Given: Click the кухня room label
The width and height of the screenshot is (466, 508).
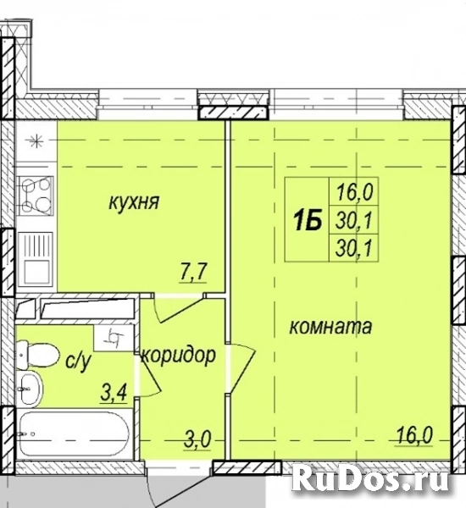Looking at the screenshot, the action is click(x=134, y=203).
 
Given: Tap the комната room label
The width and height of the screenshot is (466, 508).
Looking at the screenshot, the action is click(x=330, y=326).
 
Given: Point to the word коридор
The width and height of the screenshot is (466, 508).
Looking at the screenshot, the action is click(x=179, y=356).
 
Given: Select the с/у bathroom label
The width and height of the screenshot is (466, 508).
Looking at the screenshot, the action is click(x=78, y=362).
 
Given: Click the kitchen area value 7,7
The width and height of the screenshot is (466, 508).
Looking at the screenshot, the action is click(x=193, y=273).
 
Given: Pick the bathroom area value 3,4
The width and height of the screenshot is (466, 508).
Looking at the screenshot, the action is click(x=114, y=394).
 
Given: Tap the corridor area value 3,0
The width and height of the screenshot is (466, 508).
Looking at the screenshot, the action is click(x=197, y=440).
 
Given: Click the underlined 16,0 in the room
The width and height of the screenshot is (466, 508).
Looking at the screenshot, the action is click(x=415, y=435).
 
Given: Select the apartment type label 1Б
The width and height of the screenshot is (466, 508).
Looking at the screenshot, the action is click(x=308, y=220).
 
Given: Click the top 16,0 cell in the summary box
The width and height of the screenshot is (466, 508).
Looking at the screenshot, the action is click(x=354, y=192).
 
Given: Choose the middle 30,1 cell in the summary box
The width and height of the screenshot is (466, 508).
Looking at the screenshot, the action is click(x=353, y=221).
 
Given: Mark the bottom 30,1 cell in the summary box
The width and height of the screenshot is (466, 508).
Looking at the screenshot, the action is click(x=353, y=249).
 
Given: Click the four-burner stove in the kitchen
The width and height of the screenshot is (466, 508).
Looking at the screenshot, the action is click(x=36, y=196).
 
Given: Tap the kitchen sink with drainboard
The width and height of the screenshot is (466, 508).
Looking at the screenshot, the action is click(x=36, y=259).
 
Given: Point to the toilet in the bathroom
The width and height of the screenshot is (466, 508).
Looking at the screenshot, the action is click(x=38, y=355).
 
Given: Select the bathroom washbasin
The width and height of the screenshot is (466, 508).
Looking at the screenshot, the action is click(x=31, y=389).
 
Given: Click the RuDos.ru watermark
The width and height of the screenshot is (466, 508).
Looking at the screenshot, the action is click(x=370, y=478).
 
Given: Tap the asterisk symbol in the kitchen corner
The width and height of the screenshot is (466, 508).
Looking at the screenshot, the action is click(x=36, y=141).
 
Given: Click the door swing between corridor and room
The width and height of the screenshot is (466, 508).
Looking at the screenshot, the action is click(x=241, y=369).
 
